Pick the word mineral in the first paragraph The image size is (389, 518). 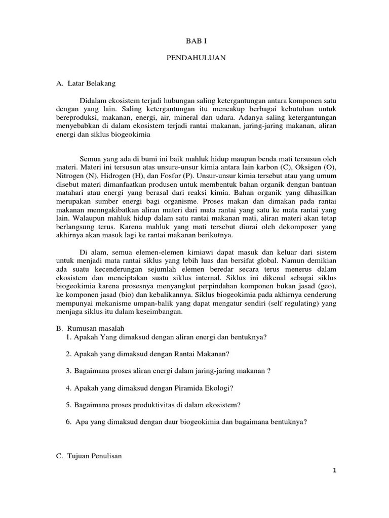coord(176,117)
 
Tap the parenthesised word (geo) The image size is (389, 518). coord(328,288)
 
